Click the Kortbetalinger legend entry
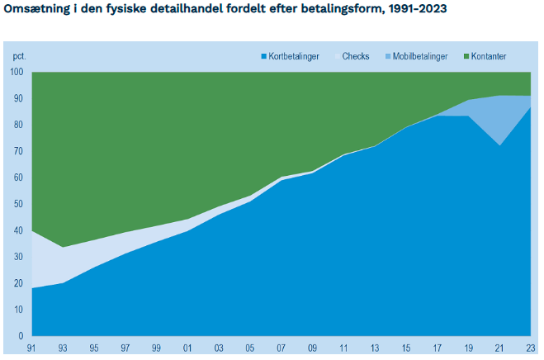tap(290, 56)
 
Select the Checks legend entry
tap(352, 56)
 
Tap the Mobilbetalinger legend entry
tap(417, 56)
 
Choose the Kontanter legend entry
tap(485, 56)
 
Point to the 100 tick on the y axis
tap(17, 72)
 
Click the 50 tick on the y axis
tap(18, 204)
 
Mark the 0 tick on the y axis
tap(21, 336)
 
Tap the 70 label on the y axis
tap(18, 151)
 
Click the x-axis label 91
tap(31, 348)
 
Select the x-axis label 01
tap(187, 348)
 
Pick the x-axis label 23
tap(531, 348)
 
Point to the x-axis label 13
tap(375, 348)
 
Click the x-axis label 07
tap(281, 348)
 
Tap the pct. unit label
tap(20, 56)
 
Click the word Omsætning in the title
tap(37, 8)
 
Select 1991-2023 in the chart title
tap(418, 8)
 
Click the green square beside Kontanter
tap(466, 56)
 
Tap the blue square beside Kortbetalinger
tap(263, 56)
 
